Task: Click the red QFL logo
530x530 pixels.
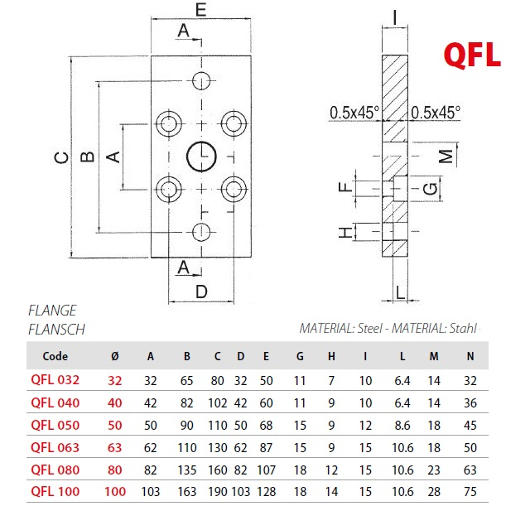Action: click(472, 55)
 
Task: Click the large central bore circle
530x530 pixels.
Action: click(188, 157)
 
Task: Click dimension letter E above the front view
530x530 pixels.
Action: click(201, 9)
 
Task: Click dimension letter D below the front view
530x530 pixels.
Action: click(201, 291)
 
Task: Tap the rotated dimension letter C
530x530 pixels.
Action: click(61, 157)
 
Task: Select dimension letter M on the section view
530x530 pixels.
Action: click(446, 156)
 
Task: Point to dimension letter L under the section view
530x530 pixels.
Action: click(400, 292)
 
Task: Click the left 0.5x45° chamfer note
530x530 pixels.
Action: click(354, 113)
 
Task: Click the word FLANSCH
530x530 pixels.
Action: click(56, 330)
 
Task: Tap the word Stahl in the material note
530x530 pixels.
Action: click(463, 328)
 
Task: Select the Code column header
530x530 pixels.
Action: click(55, 356)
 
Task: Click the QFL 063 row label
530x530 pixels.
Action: click(55, 447)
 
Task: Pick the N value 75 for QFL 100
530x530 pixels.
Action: click(470, 491)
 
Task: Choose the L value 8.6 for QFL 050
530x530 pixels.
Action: click(402, 425)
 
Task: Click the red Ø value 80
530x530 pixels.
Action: click(115, 470)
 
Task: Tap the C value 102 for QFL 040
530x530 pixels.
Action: click(217, 403)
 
